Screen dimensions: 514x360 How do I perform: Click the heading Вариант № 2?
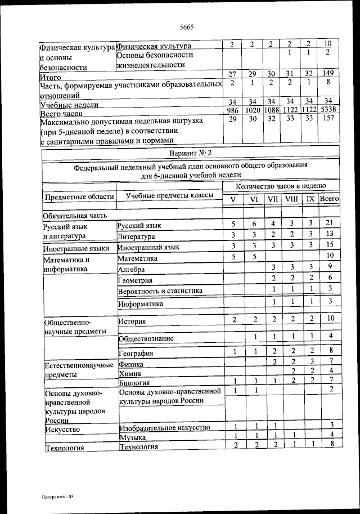pos(191,152)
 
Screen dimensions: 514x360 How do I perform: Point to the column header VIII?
pos(292,199)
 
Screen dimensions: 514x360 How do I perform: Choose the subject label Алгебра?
pos(132,269)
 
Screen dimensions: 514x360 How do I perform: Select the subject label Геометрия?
pos(136,280)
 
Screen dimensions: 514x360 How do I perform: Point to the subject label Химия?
pos(129,373)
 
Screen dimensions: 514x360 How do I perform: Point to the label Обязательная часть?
pos(74,215)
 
